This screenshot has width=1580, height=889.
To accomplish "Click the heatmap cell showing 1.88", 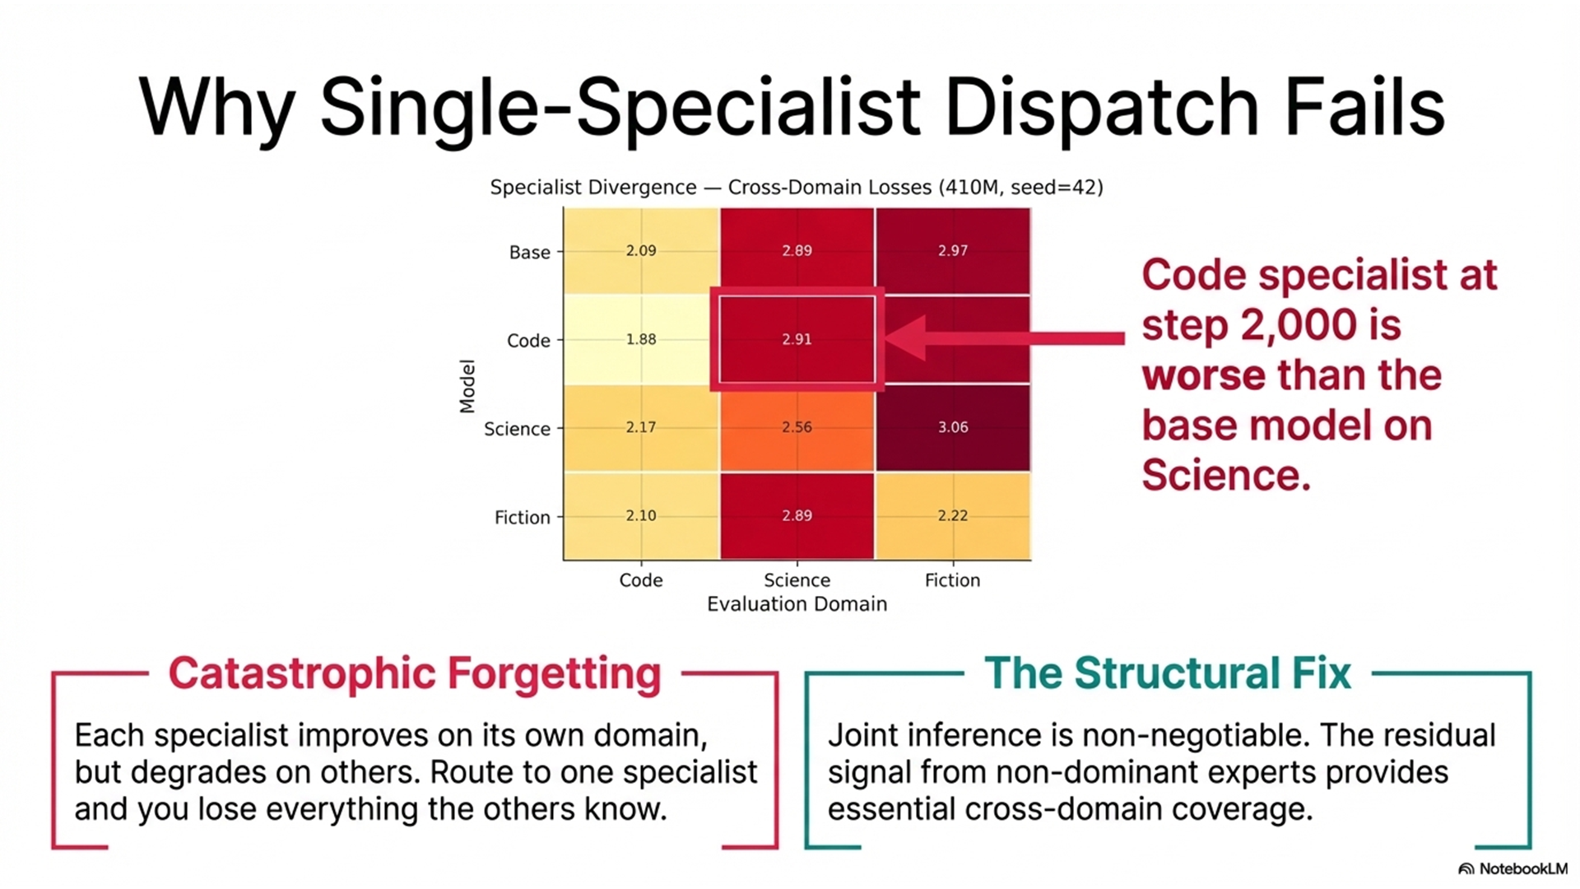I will [x=641, y=339].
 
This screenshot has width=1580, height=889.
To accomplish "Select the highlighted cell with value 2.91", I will [x=797, y=339].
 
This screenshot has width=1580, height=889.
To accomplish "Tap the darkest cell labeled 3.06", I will [x=952, y=427].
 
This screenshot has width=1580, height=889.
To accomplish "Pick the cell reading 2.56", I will [x=797, y=427].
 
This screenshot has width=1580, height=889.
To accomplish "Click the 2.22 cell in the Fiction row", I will [x=952, y=516].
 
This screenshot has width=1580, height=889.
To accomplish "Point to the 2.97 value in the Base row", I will [x=952, y=250].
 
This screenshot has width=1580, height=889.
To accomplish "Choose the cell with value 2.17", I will [x=641, y=427].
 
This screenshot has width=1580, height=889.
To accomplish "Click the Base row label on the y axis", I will [x=529, y=252].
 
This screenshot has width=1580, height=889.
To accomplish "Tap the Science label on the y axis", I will [x=517, y=429].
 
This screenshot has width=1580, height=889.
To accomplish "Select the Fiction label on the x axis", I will [x=952, y=580].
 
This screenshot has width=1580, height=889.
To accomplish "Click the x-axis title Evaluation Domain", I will [x=797, y=604].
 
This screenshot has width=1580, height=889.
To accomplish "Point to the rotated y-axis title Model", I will [x=467, y=385].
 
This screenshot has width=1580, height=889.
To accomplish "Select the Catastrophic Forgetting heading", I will [x=415, y=673].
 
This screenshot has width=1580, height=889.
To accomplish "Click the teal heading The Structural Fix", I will [x=1167, y=673].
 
